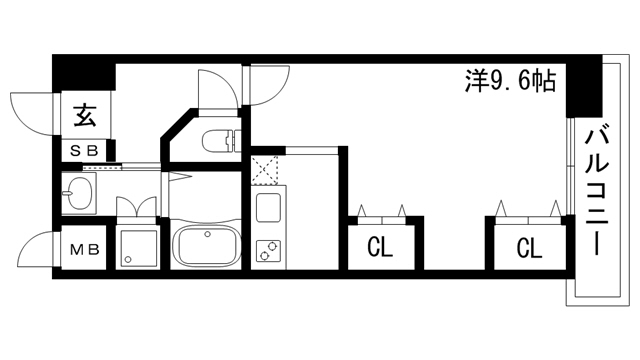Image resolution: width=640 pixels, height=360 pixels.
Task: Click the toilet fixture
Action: [x=218, y=140]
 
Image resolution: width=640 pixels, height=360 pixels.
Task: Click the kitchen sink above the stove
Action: [x=269, y=209]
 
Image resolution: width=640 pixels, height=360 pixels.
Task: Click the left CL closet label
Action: [x=378, y=246]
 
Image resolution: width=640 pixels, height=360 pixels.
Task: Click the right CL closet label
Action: [x=530, y=246]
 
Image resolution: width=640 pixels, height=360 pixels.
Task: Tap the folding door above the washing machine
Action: [x=138, y=205]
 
